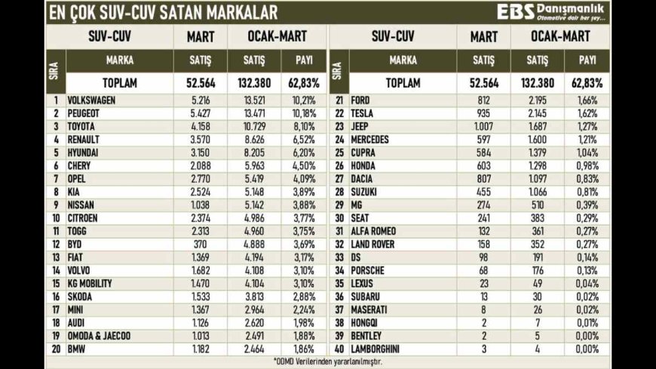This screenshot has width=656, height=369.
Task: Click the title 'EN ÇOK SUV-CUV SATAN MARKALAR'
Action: pos(162,12)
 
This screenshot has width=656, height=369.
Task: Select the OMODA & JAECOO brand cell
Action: pos(100,335)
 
